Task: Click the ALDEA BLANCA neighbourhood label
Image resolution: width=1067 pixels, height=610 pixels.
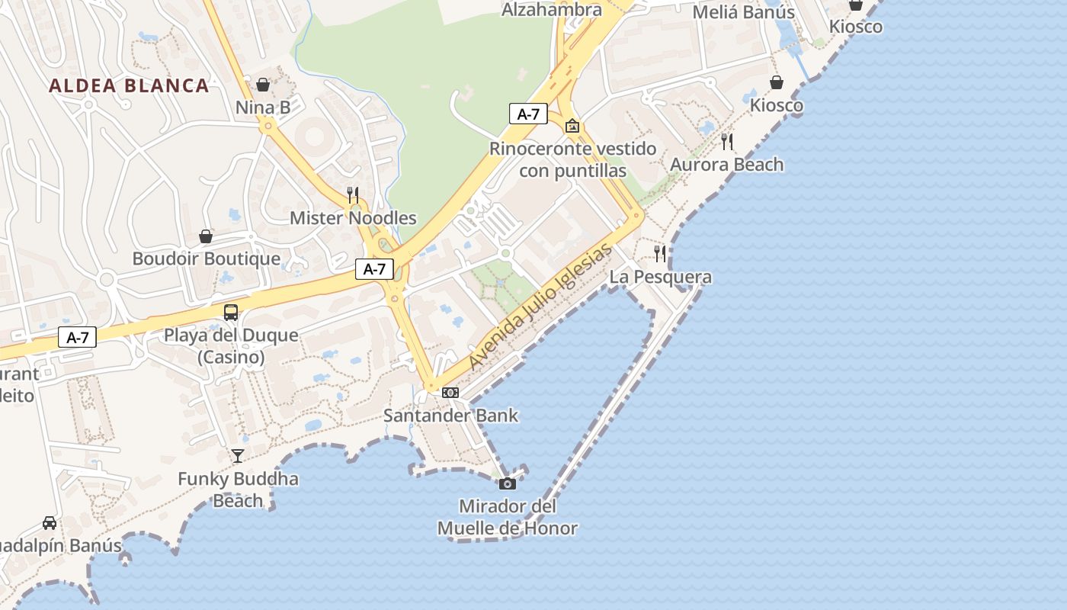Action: click(129, 85)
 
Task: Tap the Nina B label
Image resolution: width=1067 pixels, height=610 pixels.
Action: click(263, 108)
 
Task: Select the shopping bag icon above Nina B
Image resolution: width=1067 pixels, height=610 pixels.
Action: click(263, 85)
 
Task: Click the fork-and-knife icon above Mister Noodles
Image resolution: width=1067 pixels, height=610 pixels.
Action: click(353, 195)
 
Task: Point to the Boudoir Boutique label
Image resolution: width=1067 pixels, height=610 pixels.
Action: click(207, 258)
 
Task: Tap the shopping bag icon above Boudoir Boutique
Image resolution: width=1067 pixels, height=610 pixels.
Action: click(206, 236)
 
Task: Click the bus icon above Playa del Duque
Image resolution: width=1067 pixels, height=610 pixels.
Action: click(231, 313)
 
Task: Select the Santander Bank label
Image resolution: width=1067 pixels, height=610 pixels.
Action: click(450, 416)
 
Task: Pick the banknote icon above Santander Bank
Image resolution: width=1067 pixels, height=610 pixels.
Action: click(450, 393)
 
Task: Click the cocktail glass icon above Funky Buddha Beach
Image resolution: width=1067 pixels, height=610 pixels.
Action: click(238, 456)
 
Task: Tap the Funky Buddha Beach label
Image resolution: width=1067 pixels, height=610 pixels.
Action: click(238, 490)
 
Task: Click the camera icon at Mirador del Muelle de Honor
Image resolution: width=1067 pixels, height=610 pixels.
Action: click(508, 483)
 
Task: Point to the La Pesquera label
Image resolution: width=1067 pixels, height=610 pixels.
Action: click(661, 277)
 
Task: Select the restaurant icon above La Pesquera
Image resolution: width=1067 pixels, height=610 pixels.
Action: click(661, 254)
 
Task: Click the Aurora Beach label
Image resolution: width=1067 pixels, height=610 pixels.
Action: click(726, 165)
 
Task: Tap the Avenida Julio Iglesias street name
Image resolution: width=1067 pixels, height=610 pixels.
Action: click(541, 306)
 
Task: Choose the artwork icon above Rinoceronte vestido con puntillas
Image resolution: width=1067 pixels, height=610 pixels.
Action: click(572, 126)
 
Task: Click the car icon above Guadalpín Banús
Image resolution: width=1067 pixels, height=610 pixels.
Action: click(50, 523)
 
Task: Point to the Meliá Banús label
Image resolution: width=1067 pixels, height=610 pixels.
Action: click(744, 12)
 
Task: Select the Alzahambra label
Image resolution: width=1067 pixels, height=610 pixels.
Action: click(552, 10)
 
